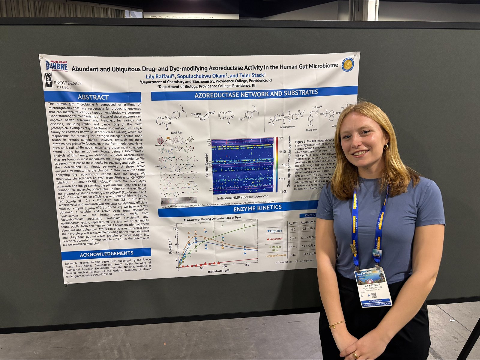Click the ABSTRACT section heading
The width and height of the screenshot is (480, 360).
point(93,97)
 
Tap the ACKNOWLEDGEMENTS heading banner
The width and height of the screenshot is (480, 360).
point(106,254)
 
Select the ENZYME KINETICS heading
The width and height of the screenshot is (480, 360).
point(257,208)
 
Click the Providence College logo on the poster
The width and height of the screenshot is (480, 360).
point(62,81)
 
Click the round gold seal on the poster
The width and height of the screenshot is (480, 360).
point(348,65)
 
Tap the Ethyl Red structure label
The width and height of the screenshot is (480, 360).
point(177,132)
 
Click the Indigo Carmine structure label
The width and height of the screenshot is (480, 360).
point(287,127)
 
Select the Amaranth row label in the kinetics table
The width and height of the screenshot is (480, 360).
point(275,239)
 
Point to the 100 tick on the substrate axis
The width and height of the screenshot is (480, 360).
point(224,266)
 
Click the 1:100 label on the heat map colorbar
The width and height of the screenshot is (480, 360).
point(283,165)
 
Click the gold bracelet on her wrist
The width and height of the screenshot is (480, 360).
point(337,324)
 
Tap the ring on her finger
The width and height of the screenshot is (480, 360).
point(355,355)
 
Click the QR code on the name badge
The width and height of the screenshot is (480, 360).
point(374,295)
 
